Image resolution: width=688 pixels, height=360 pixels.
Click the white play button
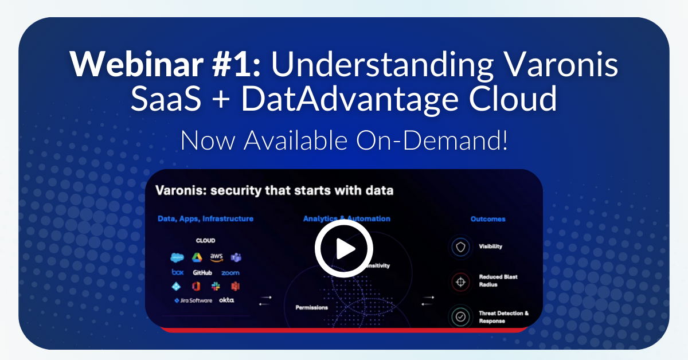(344, 249)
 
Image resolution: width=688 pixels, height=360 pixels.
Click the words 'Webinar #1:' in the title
(165, 65)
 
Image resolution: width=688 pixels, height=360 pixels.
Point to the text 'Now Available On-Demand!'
(344, 140)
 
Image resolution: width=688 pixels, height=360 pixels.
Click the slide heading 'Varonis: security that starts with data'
(275, 190)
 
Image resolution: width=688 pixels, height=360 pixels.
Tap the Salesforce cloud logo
(177, 257)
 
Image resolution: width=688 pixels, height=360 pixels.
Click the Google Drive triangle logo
(197, 257)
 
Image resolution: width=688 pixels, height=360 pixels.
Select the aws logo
(216, 257)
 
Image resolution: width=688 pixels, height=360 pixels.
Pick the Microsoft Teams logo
(235, 257)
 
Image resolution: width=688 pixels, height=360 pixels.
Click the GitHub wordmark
(202, 273)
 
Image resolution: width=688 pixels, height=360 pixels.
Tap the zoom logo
(230, 273)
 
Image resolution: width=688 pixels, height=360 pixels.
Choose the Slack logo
(216, 286)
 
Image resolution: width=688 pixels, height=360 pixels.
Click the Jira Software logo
(193, 300)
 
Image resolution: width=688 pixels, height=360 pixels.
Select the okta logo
(226, 300)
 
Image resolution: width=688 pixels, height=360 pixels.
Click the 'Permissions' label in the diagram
(312, 307)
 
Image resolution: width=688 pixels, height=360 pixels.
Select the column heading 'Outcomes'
(487, 219)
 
